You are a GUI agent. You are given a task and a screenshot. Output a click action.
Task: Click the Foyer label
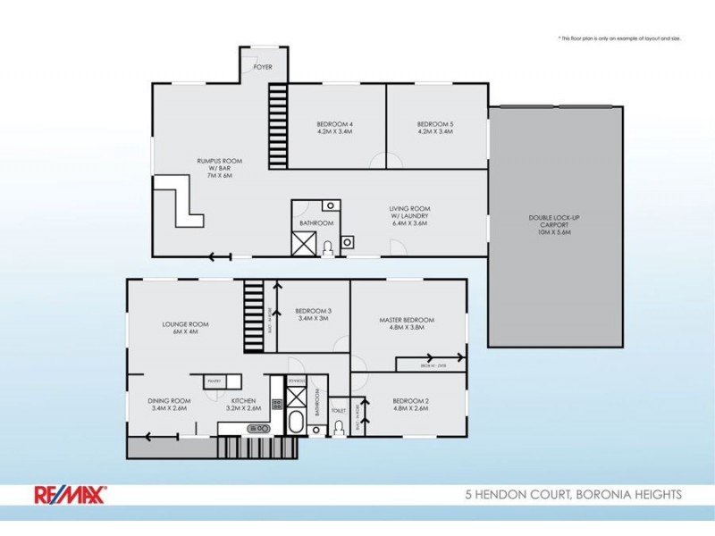[x=263, y=67]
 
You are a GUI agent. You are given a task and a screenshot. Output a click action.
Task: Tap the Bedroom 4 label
[x=335, y=127]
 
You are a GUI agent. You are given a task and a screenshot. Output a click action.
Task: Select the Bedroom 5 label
[x=435, y=127]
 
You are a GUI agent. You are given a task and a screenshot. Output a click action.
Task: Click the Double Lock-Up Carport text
[x=555, y=223]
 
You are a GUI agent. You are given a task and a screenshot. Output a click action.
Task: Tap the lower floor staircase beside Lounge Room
[x=255, y=318]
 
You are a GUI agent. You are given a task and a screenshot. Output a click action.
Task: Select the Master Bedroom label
[x=407, y=323]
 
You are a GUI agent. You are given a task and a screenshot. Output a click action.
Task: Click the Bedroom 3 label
[x=313, y=314]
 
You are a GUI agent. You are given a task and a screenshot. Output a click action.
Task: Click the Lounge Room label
[x=185, y=328]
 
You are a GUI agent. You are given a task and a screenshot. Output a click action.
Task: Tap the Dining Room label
[x=170, y=404]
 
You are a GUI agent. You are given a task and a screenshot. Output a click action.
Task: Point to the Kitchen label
[x=244, y=404]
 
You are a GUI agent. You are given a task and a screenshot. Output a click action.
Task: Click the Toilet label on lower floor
[x=338, y=411]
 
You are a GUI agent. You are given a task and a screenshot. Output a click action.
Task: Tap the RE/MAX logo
[x=71, y=493]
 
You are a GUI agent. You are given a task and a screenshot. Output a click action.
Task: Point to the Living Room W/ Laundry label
[x=409, y=216]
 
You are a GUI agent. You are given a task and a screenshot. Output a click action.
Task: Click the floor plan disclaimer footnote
[x=618, y=38]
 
